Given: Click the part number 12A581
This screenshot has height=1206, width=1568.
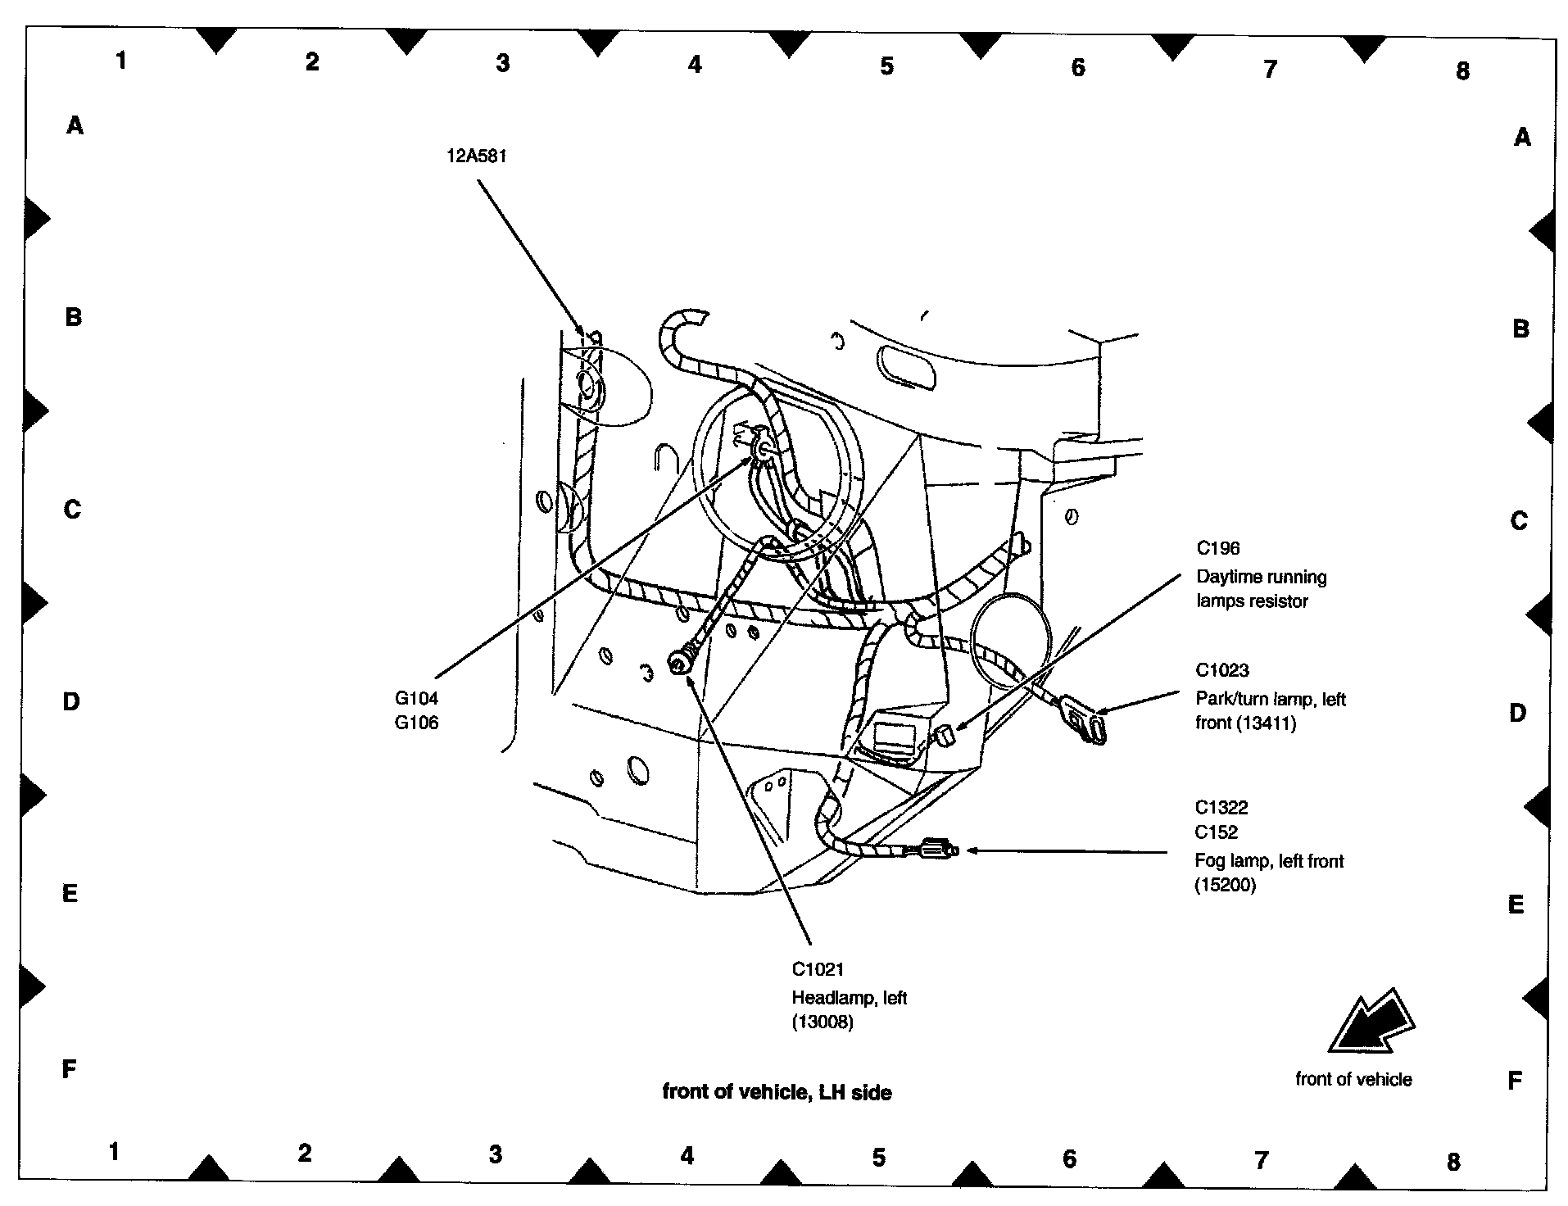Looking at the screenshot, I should click(x=476, y=156).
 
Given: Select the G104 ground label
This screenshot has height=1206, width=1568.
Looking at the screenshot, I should click(x=416, y=698).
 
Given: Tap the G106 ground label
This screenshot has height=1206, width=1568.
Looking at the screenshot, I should click(x=416, y=723).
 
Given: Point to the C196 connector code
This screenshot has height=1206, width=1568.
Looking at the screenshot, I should click(x=1218, y=548).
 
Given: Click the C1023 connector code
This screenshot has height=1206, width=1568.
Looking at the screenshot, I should click(x=1222, y=670).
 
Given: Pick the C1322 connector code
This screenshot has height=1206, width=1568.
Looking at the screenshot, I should click(x=1221, y=807).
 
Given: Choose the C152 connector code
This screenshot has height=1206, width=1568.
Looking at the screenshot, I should click(x=1217, y=832).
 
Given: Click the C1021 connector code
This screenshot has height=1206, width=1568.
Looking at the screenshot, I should click(x=817, y=968).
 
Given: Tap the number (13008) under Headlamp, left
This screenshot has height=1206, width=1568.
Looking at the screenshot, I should click(x=822, y=1022).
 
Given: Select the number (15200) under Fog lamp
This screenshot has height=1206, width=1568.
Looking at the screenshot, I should click(x=1225, y=885).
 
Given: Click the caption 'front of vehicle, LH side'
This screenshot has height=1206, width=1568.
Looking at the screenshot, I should click(x=777, y=1091).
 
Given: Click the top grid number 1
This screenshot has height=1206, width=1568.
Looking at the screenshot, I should click(x=121, y=60).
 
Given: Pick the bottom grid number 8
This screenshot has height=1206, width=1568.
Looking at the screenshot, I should click(x=1453, y=1161).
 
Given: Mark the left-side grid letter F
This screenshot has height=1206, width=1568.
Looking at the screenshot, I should click(x=70, y=1068).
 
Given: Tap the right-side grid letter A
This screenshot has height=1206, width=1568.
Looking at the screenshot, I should click(x=1521, y=137).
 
